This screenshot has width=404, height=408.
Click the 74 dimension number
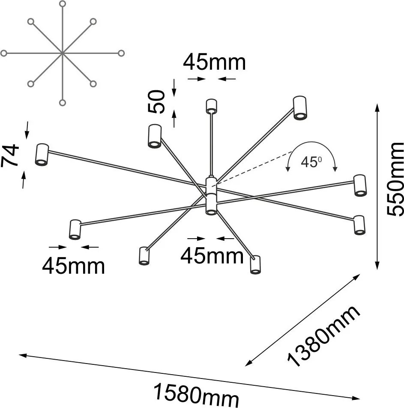click(10, 155)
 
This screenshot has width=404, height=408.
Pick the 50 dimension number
click(156, 101)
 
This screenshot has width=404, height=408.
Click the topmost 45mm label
click(214, 62)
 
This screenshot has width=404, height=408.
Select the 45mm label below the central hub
click(212, 255)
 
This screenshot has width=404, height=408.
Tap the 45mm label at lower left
click(74, 266)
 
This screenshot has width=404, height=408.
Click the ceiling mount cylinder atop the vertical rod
click(211, 106)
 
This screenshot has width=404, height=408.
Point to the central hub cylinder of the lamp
click(211, 196)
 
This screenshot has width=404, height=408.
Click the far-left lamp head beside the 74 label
click(42, 154)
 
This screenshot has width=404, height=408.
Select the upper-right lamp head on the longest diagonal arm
click(300, 108)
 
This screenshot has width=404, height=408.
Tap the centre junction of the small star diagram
click(62, 53)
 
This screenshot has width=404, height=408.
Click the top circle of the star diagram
click(63, 4)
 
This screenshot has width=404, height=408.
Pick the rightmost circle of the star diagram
click(121, 53)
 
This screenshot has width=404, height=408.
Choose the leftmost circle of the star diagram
click(4, 53)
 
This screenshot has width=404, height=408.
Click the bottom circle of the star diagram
click(62, 103)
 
